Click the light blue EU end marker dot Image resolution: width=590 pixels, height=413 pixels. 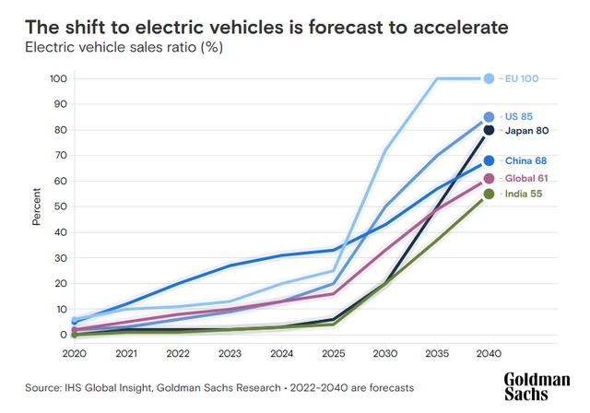pyautogui.click(x=490, y=78)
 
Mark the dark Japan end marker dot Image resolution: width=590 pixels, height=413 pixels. pyautogui.click(x=490, y=130)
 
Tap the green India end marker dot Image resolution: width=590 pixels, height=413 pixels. pyautogui.click(x=490, y=194)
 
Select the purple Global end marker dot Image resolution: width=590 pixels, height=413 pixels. pyautogui.click(x=490, y=179)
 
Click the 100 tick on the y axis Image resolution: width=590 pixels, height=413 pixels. pyautogui.click(x=56, y=78)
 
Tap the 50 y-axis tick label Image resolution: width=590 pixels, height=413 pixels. pyautogui.click(x=59, y=206)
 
